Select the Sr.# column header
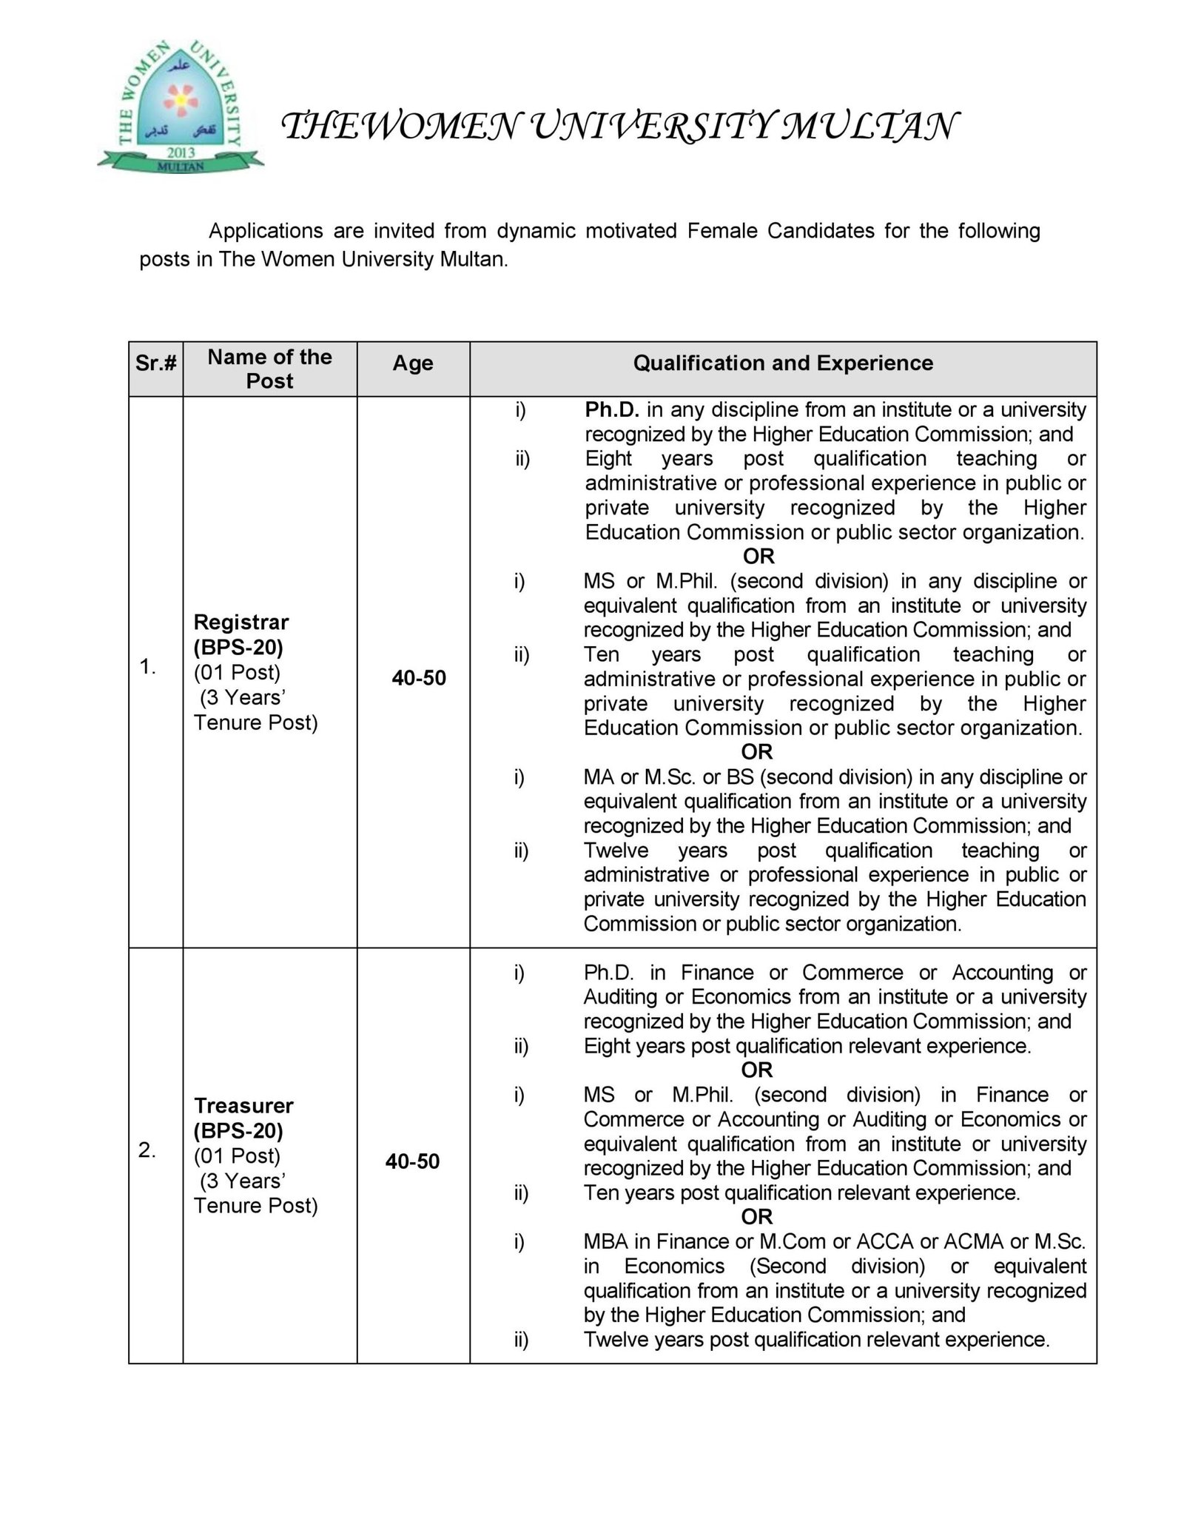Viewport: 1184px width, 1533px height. (156, 363)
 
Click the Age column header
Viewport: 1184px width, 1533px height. (413, 363)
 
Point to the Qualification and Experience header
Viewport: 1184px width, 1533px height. (783, 363)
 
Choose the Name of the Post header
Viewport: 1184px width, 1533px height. (269, 369)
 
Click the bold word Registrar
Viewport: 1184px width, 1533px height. (241, 623)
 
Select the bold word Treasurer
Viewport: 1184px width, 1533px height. (243, 1106)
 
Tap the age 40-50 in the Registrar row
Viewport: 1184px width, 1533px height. (419, 678)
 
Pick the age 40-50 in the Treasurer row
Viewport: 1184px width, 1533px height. (412, 1161)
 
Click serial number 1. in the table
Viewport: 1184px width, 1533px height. (147, 668)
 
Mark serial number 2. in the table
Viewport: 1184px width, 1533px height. (147, 1151)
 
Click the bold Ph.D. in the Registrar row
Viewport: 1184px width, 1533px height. (612, 410)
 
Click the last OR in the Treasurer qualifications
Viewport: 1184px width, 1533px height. (757, 1216)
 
